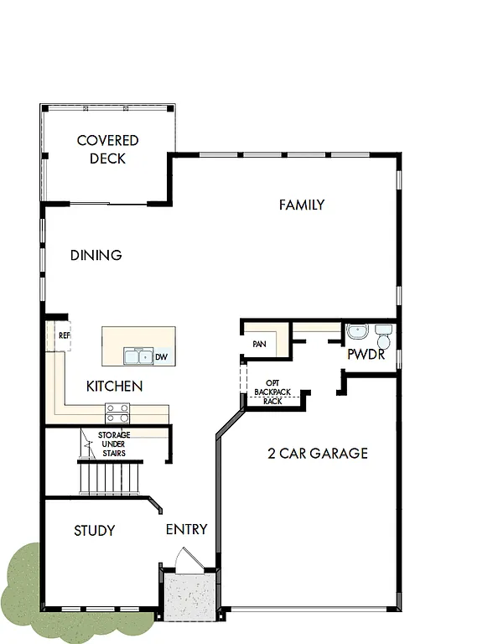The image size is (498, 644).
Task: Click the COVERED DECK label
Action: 107,149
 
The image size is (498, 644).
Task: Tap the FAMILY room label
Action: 301,205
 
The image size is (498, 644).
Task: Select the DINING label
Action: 96,255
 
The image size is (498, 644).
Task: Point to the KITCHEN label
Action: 114,387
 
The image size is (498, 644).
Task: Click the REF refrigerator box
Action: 63,335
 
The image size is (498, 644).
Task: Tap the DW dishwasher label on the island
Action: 160,357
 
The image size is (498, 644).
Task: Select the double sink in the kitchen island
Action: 137,356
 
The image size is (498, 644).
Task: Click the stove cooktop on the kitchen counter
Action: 117,413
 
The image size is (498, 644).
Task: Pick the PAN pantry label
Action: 259,344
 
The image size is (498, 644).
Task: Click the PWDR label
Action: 366,355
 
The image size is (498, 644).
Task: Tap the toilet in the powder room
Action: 383,337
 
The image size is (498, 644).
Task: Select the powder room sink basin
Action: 356,332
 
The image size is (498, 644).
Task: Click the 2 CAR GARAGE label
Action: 317,454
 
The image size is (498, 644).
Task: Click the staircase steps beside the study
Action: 109,480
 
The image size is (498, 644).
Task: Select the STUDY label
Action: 94,531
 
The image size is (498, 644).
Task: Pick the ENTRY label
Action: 186,530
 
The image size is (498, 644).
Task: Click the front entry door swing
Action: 188,559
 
